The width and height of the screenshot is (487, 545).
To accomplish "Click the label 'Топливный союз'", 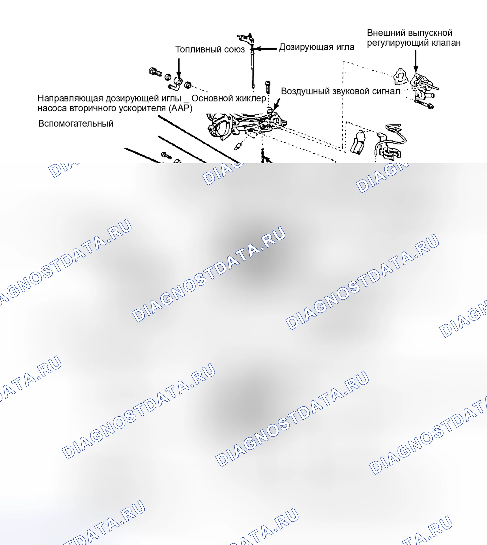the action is point(210,49).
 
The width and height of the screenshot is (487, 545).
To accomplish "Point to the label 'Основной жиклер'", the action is point(229,98).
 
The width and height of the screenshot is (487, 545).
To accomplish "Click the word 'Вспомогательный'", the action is point(76,124).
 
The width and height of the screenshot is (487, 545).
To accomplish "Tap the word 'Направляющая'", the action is point(70,99).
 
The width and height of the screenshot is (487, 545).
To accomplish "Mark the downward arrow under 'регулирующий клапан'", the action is point(416,61).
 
